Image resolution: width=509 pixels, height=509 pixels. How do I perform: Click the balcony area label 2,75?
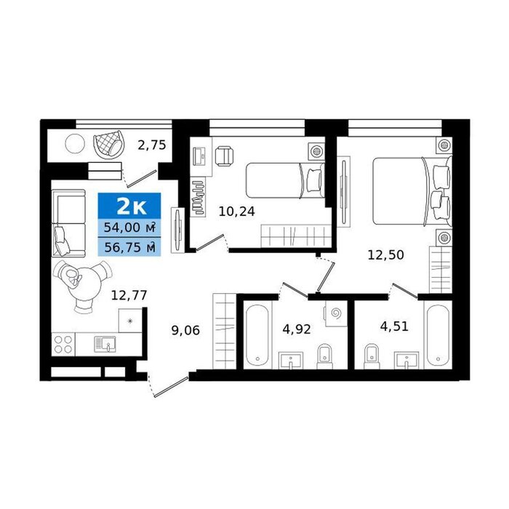(152, 145)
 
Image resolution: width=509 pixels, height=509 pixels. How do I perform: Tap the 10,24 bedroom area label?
(236, 212)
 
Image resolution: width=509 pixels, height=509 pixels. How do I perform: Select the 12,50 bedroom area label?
(385, 254)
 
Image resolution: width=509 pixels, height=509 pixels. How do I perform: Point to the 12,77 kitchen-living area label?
(129, 295)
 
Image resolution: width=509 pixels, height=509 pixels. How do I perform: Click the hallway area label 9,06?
(185, 331)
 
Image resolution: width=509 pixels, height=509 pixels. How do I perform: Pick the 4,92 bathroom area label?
(297, 329)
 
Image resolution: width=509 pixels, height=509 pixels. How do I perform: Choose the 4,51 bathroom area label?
(394, 326)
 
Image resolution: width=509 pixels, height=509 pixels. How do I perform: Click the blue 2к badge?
(129, 206)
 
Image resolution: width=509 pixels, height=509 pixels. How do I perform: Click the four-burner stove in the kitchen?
(63, 345)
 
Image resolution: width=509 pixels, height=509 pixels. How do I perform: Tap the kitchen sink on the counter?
(105, 345)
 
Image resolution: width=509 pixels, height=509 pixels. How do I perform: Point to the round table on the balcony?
(75, 144)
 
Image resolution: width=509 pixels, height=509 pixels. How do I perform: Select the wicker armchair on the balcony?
(109, 145)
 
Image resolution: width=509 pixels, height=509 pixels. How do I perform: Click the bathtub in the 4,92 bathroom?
(257, 335)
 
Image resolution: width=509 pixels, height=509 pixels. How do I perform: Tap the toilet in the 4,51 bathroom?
(372, 356)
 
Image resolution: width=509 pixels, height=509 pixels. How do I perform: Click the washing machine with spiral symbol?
(335, 313)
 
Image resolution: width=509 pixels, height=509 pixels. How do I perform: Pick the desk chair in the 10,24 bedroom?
(224, 155)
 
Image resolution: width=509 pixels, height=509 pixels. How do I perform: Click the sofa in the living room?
(68, 223)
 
